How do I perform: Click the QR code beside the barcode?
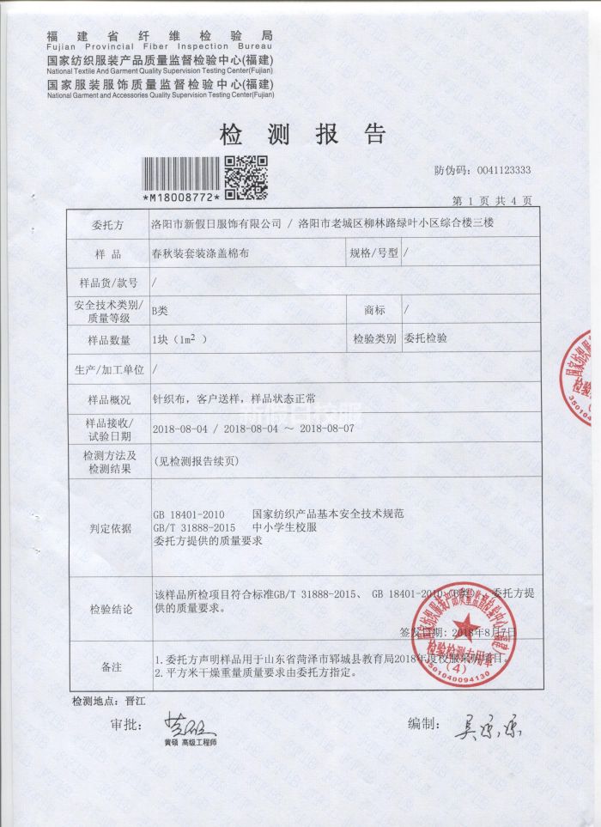(x=246, y=177)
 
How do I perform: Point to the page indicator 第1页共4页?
(x=492, y=200)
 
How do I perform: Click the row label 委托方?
(x=108, y=224)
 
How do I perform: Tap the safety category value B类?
(x=159, y=310)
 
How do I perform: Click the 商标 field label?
(x=374, y=310)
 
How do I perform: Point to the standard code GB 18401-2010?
(x=189, y=514)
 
